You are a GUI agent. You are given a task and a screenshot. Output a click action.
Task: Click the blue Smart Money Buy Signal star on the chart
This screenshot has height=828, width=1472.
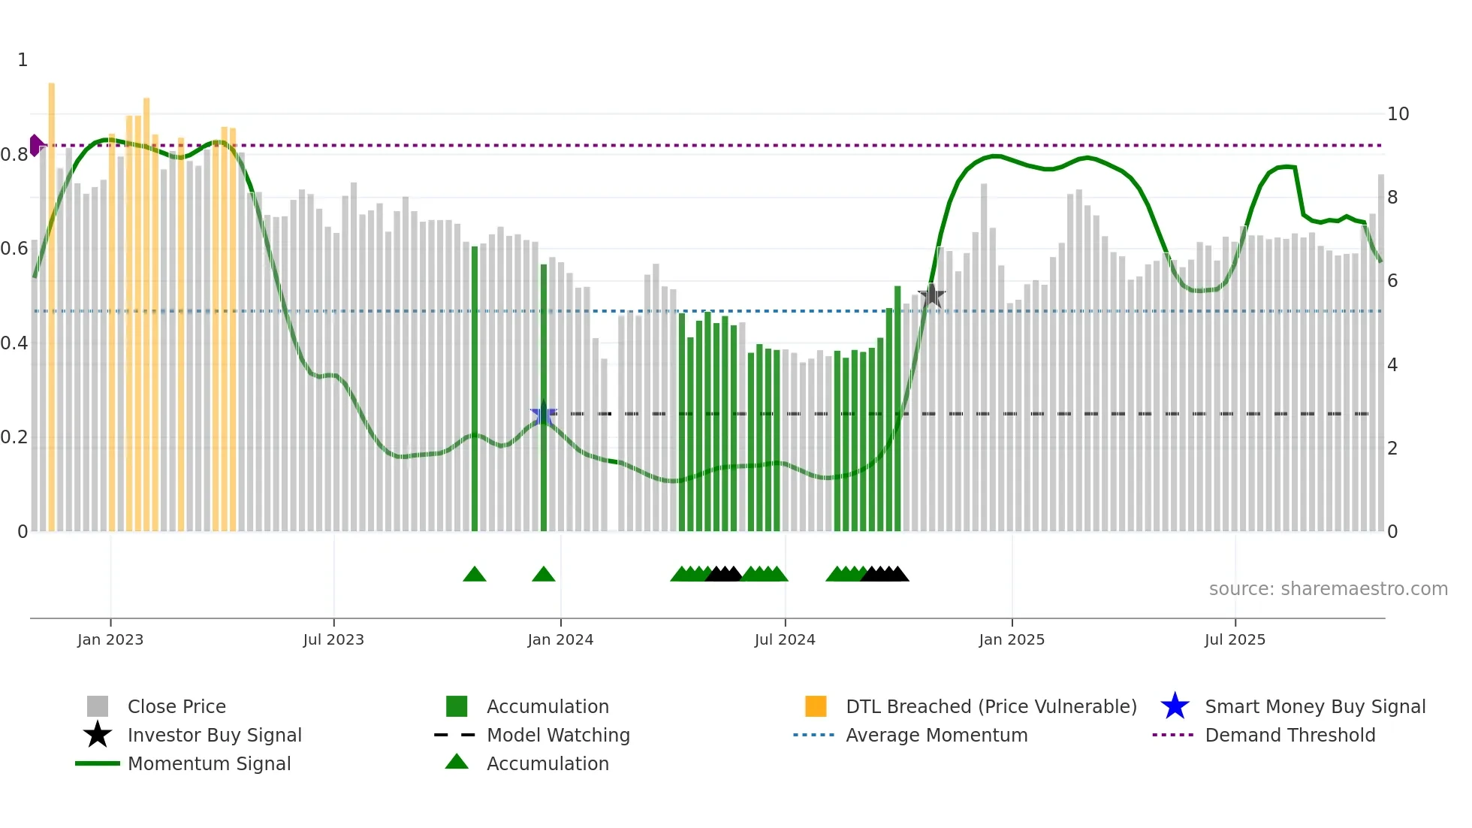point(543,414)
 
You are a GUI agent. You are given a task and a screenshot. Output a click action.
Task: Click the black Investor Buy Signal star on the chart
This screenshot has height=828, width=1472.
point(931,295)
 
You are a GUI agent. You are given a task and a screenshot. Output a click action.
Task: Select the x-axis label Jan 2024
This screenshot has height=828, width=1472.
point(560,639)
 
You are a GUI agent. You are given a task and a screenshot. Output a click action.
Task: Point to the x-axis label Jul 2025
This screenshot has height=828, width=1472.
point(1235,639)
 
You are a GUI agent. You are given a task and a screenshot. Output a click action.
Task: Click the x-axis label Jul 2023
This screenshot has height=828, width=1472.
point(333,639)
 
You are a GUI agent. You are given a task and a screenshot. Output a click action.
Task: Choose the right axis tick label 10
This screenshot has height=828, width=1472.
point(1398,114)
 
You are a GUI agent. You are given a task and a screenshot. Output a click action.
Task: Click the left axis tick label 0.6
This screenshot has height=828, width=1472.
point(14,249)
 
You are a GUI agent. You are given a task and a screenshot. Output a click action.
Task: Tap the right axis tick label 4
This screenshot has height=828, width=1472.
point(1392,365)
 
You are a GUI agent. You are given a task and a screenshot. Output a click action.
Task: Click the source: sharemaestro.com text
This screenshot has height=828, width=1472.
point(1328,588)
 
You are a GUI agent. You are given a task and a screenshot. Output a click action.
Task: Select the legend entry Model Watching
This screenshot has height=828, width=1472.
point(558,735)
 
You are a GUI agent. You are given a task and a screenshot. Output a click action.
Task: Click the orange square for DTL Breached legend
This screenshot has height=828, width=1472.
point(816,706)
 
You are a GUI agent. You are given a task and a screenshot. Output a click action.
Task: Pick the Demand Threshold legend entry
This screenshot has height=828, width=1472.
point(1290,735)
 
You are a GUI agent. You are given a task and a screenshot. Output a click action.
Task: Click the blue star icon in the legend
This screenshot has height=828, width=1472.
point(1175,706)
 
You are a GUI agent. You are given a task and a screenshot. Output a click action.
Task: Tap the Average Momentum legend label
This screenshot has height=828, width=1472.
point(936,735)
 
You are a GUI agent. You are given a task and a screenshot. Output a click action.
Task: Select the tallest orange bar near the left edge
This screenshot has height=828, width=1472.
point(52,301)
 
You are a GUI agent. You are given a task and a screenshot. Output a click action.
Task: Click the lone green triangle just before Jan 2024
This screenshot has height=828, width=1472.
point(543,575)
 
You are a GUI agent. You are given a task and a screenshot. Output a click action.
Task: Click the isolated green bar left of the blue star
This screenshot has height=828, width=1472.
point(475,391)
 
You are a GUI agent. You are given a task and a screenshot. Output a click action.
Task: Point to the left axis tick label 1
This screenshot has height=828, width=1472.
point(23,60)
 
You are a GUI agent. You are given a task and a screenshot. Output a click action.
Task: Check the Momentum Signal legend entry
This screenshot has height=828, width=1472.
point(209,763)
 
